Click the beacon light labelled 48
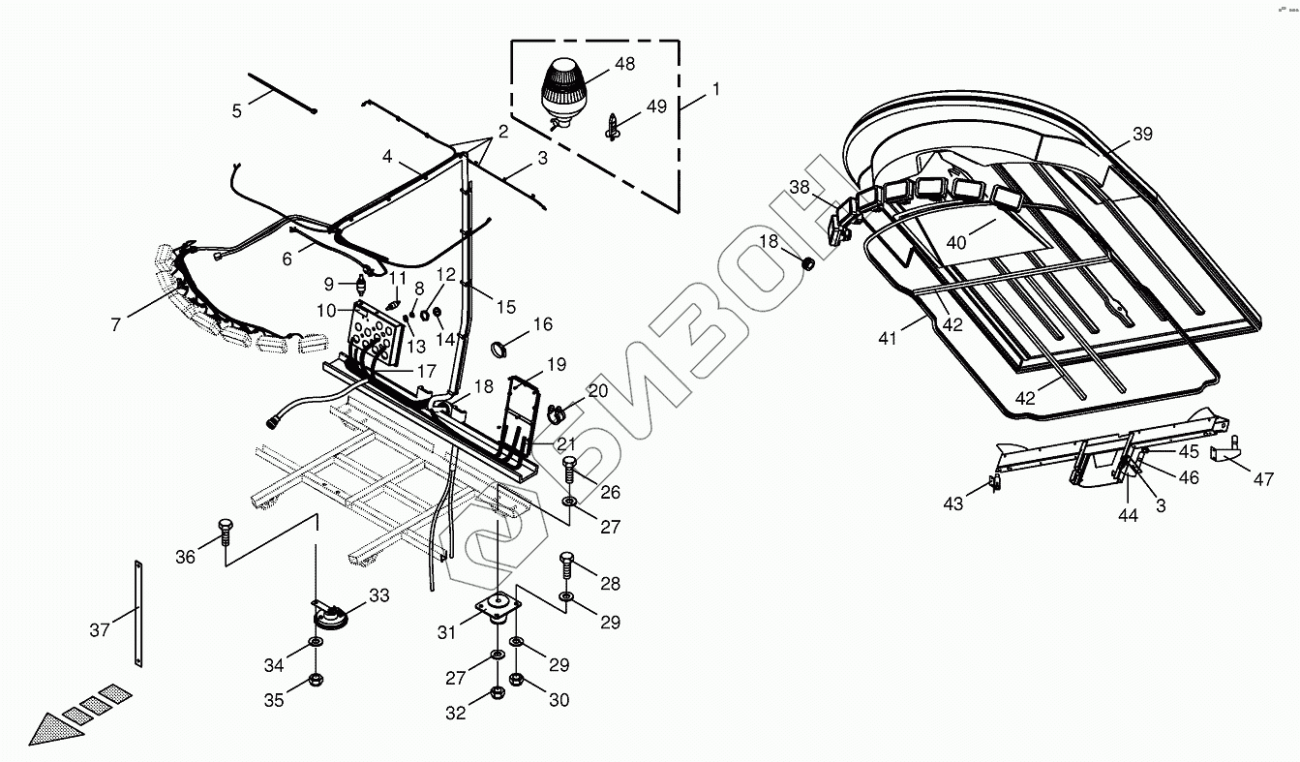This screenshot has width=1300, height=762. (x=559, y=86)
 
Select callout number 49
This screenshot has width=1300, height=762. (x=656, y=107)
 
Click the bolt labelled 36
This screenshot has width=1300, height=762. (x=225, y=531)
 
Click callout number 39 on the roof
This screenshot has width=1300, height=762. (x=1142, y=135)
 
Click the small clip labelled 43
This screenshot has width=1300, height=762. (x=993, y=482)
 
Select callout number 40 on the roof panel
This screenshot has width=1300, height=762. (x=956, y=242)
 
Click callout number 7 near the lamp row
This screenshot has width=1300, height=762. (x=116, y=325)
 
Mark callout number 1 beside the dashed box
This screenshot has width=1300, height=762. (x=715, y=89)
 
